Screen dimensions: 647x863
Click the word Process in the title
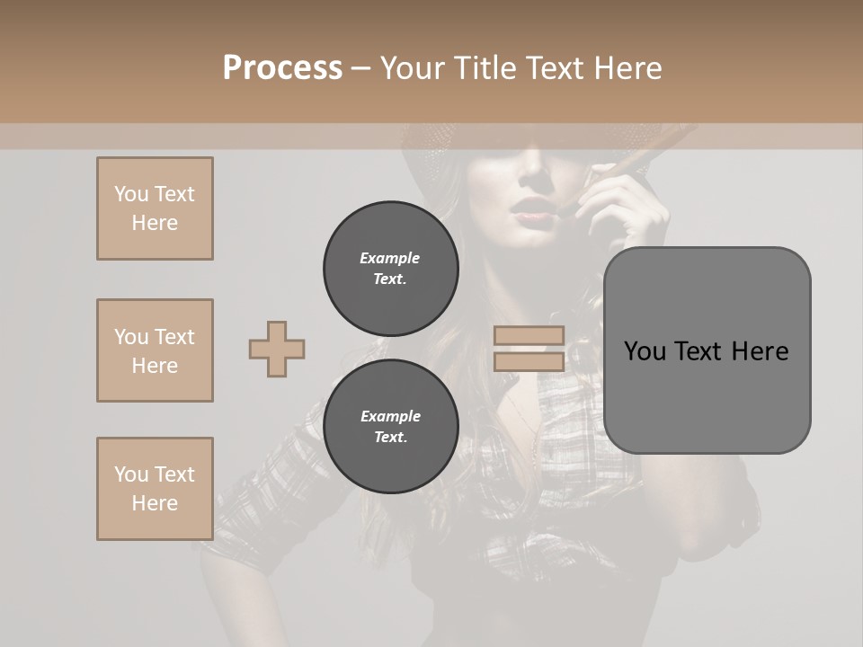[282, 68]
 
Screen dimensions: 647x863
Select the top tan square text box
[155, 208]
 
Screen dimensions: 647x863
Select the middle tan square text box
[155, 350]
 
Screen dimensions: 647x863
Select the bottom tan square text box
[155, 488]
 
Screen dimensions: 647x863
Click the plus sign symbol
[277, 349]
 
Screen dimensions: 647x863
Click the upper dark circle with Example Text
[390, 269]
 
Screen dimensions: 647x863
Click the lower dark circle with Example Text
[390, 427]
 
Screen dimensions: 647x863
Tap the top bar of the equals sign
[529, 335]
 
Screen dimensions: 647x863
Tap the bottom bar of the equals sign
[529, 361]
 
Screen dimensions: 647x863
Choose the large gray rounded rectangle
[707, 395]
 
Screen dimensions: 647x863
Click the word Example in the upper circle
[389, 258]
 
